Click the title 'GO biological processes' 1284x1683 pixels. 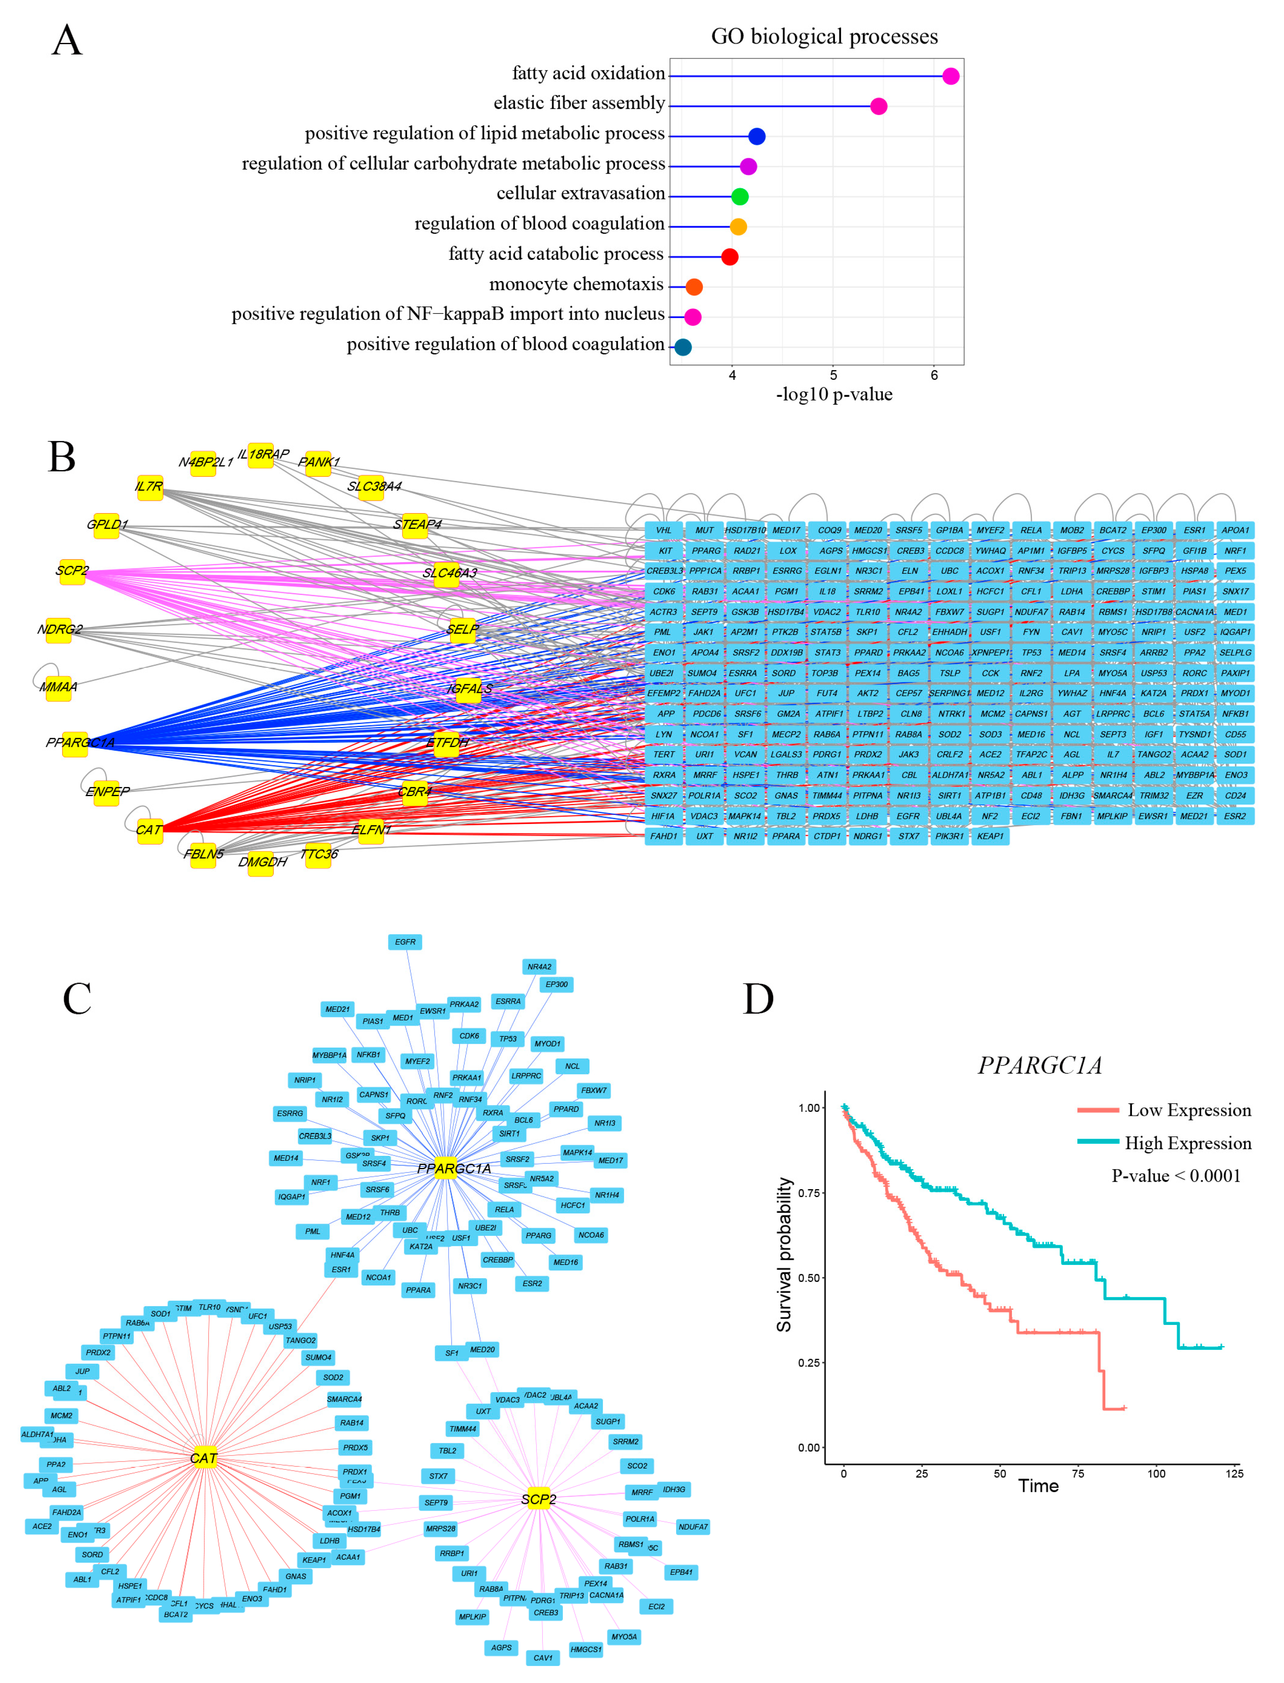[x=824, y=37]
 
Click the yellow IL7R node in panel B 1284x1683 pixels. [x=150, y=487]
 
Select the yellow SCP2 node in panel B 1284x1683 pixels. [x=72, y=571]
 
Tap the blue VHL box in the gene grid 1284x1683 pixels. [x=663, y=530]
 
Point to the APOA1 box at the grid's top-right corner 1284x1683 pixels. [x=1234, y=530]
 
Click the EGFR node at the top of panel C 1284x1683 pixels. [x=405, y=942]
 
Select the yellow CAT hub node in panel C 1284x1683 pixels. [x=204, y=1458]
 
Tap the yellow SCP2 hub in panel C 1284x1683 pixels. [x=539, y=1499]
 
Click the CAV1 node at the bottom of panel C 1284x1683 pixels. [x=543, y=1657]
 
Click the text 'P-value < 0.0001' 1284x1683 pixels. [x=1175, y=1176]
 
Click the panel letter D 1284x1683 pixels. [x=758, y=998]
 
